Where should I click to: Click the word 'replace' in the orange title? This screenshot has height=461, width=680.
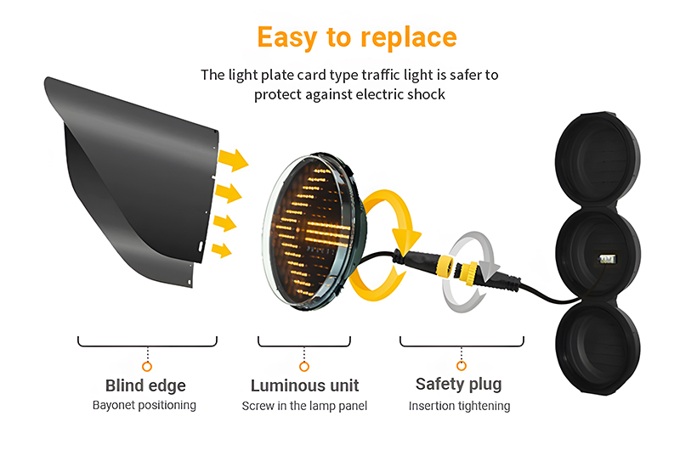(x=409, y=38)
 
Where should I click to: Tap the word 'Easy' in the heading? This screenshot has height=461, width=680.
(x=287, y=38)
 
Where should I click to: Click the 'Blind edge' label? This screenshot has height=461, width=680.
(x=145, y=385)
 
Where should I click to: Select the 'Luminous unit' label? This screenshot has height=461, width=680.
(x=304, y=385)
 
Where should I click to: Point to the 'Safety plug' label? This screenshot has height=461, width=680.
(x=459, y=385)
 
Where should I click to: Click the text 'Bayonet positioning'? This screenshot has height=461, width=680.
(x=144, y=405)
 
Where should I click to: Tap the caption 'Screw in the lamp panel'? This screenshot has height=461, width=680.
(x=304, y=406)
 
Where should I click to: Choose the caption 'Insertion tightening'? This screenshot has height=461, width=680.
(x=459, y=406)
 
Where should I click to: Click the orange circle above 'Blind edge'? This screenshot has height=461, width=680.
(x=147, y=367)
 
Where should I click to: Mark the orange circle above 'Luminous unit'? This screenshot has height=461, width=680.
(x=304, y=367)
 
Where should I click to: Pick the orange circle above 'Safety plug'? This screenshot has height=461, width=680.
(x=462, y=366)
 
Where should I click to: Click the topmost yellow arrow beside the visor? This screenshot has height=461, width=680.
(x=233, y=160)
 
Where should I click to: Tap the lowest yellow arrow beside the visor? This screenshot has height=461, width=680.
(x=222, y=250)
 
